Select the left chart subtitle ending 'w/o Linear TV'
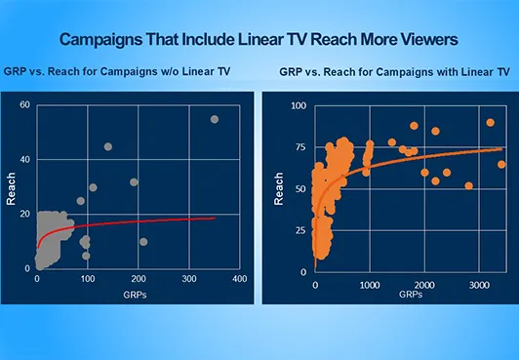(x=131, y=74)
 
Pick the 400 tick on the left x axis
(x=238, y=279)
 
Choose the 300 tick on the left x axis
(x=188, y=279)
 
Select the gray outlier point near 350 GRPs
(x=215, y=119)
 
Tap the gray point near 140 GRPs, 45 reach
(x=108, y=147)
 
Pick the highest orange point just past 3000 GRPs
(x=490, y=123)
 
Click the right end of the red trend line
(x=215, y=218)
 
